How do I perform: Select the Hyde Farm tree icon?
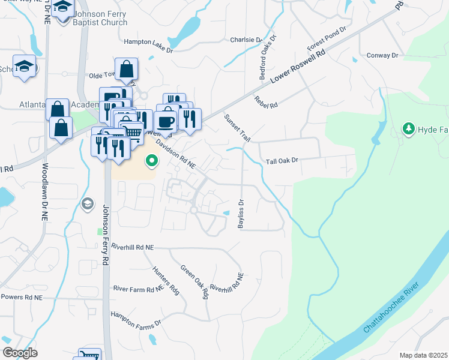[x=409, y=129]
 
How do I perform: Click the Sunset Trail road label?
[x=238, y=128]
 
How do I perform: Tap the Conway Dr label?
[x=382, y=55]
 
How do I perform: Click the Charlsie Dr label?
[x=246, y=40]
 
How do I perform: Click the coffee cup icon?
[x=167, y=121]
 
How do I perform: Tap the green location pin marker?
[x=152, y=161]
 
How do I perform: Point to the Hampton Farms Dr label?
[x=136, y=319]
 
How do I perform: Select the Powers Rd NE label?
[x=22, y=297]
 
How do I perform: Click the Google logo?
[x=20, y=353]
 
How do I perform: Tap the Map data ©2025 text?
[x=423, y=355]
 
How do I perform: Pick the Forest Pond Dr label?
[x=327, y=38]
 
